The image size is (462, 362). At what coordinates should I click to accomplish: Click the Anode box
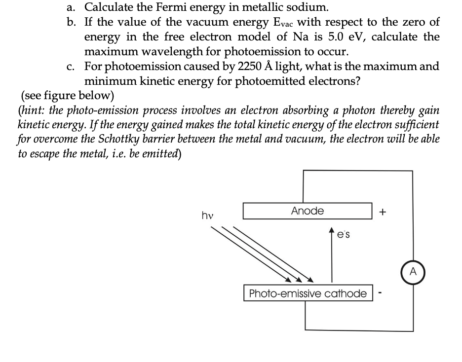(307, 211)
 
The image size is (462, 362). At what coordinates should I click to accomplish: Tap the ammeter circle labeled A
(413, 272)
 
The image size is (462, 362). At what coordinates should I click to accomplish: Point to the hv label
(207, 215)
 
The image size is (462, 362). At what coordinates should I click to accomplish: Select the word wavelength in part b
(162, 52)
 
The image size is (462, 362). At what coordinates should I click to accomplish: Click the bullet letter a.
(71, 7)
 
